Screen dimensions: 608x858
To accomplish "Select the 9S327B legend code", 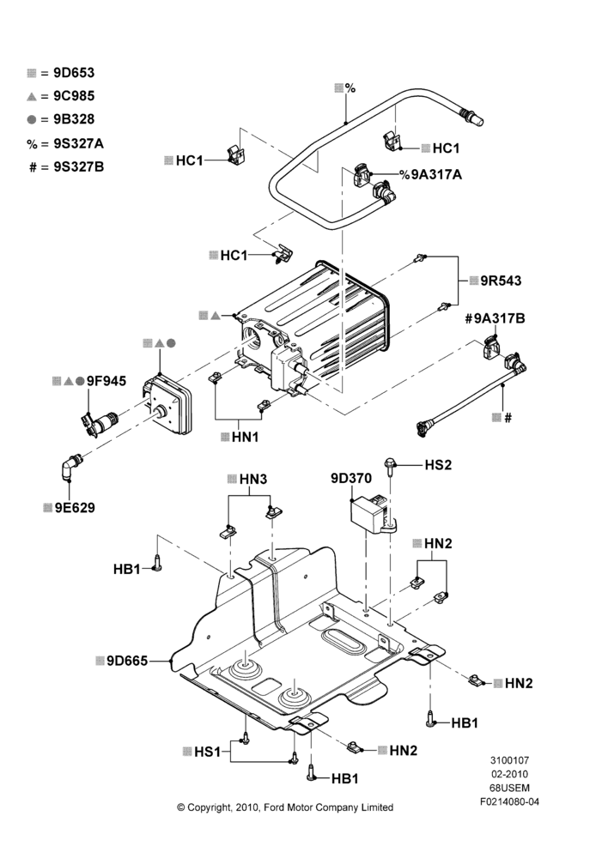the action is [x=79, y=167].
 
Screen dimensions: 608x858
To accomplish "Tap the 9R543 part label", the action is [x=502, y=281].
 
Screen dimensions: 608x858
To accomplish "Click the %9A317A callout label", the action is [x=430, y=174].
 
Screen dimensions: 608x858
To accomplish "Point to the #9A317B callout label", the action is [x=495, y=318].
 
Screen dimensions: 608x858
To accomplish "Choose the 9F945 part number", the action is [x=106, y=381].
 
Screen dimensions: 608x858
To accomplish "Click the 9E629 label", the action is [x=75, y=508].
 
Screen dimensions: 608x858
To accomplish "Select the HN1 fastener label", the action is [x=245, y=438].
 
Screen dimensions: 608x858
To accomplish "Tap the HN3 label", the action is [x=253, y=480].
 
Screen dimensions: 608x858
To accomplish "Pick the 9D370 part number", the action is [x=351, y=478].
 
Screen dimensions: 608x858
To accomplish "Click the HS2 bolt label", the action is [x=438, y=465].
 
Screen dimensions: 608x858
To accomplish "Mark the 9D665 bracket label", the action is [x=127, y=661].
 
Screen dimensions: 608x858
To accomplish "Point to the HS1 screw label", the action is [x=208, y=752].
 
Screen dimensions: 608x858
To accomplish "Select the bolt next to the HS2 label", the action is [x=391, y=466].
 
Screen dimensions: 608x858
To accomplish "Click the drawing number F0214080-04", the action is [x=509, y=802].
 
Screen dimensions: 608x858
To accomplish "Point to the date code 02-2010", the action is [x=509, y=774].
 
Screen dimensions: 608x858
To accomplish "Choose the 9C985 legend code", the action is [x=74, y=96].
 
